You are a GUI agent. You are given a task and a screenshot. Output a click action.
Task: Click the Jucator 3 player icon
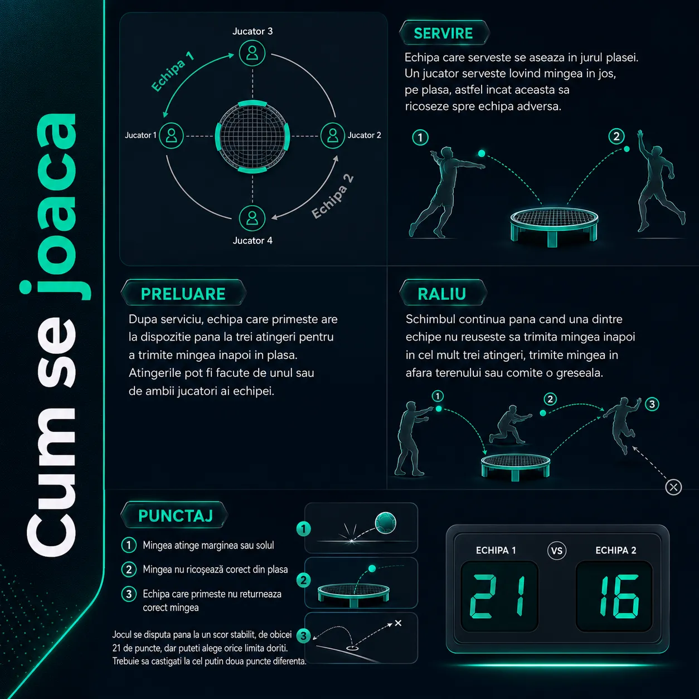click(252, 54)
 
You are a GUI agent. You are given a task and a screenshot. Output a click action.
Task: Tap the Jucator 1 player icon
click(171, 135)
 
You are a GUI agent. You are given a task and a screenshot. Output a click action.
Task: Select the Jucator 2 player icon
click(333, 135)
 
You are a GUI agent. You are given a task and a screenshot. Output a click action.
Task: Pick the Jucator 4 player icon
click(252, 219)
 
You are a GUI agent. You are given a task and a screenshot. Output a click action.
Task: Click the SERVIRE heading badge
click(444, 33)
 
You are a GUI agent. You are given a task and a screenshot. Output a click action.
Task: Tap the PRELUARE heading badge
click(183, 293)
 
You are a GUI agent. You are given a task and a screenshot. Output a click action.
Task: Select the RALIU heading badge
click(443, 293)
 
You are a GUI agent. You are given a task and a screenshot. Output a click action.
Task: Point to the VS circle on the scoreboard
click(556, 551)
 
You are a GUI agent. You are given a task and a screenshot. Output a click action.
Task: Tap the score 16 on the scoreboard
click(619, 596)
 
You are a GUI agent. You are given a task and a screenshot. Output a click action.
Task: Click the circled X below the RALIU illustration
click(673, 487)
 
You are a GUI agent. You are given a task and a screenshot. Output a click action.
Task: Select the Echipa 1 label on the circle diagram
click(172, 71)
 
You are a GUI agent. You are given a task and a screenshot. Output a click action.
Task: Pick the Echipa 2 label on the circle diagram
click(333, 196)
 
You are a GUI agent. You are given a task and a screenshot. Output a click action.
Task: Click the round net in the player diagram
click(253, 137)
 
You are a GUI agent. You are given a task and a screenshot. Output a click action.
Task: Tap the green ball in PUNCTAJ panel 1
click(385, 523)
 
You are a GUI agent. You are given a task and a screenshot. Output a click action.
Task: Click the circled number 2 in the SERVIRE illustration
click(617, 137)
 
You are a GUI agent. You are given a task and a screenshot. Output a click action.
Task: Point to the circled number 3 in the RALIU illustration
click(652, 404)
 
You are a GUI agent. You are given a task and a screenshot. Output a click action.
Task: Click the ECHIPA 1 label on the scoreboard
click(496, 550)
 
